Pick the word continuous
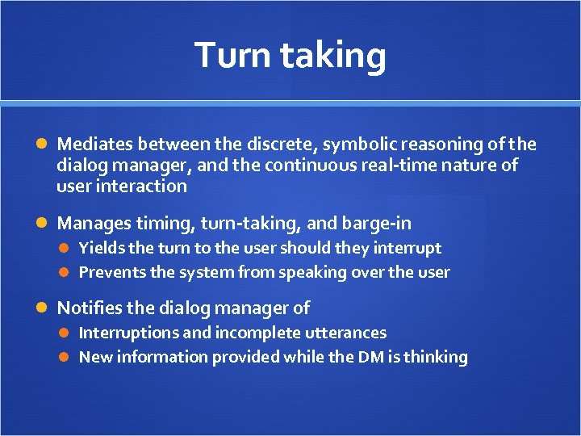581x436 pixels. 338,166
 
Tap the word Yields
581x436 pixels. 99,249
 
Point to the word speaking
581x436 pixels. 308,273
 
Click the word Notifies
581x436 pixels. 89,308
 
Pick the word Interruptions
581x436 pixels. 127,333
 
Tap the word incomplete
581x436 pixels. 249,333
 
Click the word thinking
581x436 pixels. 435,357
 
